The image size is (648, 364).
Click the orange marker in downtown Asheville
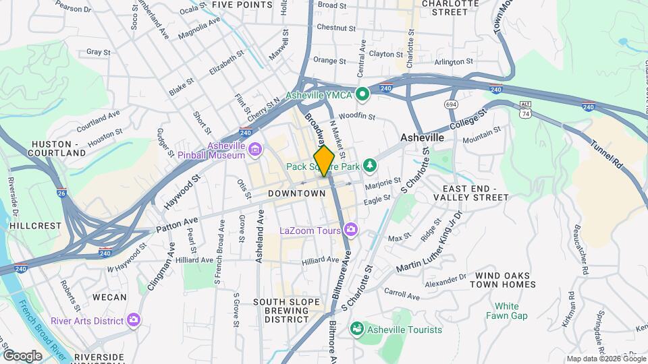(x=325, y=160)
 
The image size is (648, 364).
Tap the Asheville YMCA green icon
(x=362, y=94)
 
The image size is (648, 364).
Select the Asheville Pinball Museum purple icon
(x=254, y=150)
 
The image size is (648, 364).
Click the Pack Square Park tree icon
(x=369, y=165)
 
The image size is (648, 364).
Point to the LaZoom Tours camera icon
(x=353, y=231)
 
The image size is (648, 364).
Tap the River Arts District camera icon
(x=134, y=320)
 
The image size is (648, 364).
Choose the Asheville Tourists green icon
(x=356, y=330)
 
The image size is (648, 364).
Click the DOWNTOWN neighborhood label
(x=297, y=193)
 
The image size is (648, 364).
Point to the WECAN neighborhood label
(x=109, y=297)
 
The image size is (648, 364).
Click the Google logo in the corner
(x=22, y=355)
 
